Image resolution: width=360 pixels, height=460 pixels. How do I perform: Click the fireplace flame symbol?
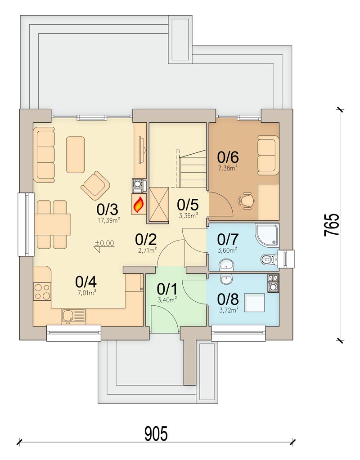(x=139, y=205)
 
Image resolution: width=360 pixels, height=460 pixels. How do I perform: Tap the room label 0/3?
(x=108, y=210)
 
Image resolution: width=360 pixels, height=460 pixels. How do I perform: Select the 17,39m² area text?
(x=108, y=220)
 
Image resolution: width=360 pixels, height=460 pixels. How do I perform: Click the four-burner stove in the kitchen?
(x=42, y=291)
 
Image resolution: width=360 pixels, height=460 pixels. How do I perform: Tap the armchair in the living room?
(x=95, y=185)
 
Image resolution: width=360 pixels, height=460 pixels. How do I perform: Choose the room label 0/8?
(x=228, y=299)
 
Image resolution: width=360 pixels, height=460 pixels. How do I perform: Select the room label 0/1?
(x=166, y=288)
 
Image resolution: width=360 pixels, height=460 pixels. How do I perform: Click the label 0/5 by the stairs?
(x=188, y=205)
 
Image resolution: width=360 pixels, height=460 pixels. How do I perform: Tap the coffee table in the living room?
(x=76, y=154)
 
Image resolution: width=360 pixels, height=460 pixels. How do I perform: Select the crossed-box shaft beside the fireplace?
(x=157, y=205)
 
